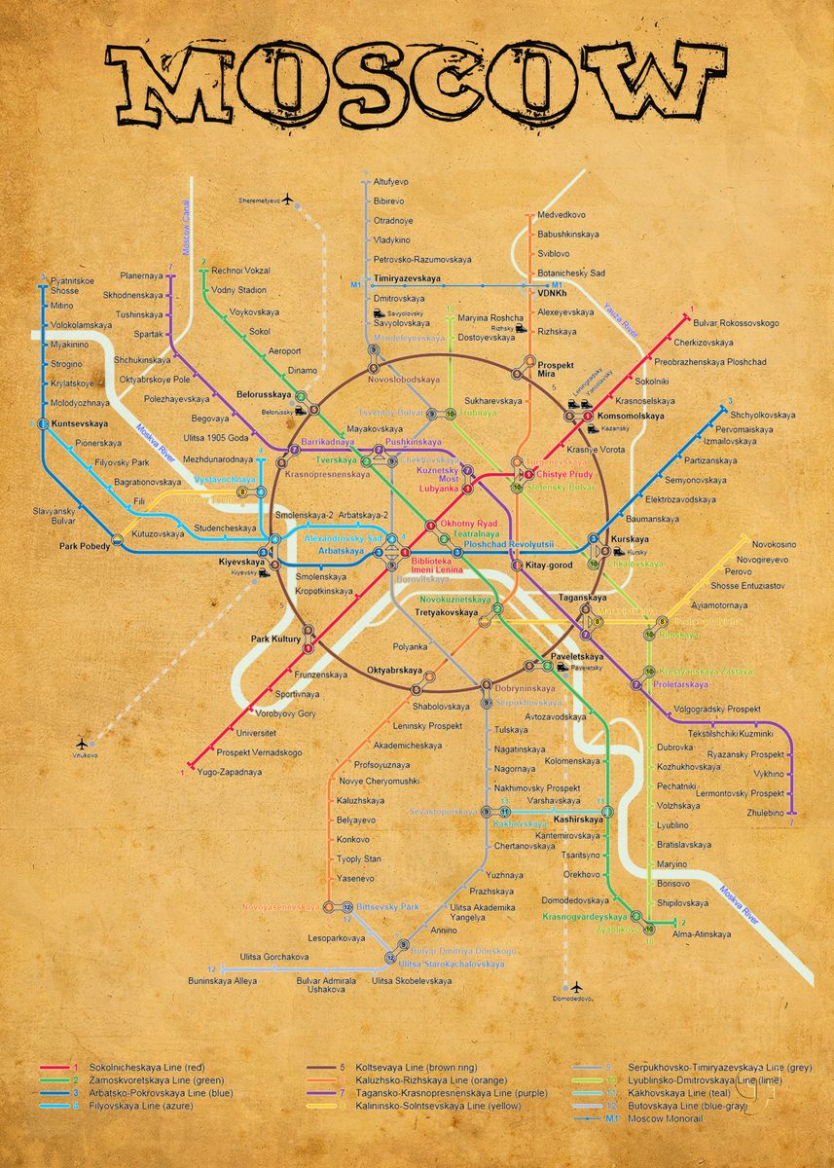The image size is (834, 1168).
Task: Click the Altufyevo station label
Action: pos(391,182)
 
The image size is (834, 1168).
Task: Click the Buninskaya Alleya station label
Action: pos(223,980)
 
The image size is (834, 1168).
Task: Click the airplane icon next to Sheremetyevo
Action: pos(288,200)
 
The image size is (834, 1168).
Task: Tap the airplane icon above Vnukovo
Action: pos(81,742)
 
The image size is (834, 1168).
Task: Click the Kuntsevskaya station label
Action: pos(82,424)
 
